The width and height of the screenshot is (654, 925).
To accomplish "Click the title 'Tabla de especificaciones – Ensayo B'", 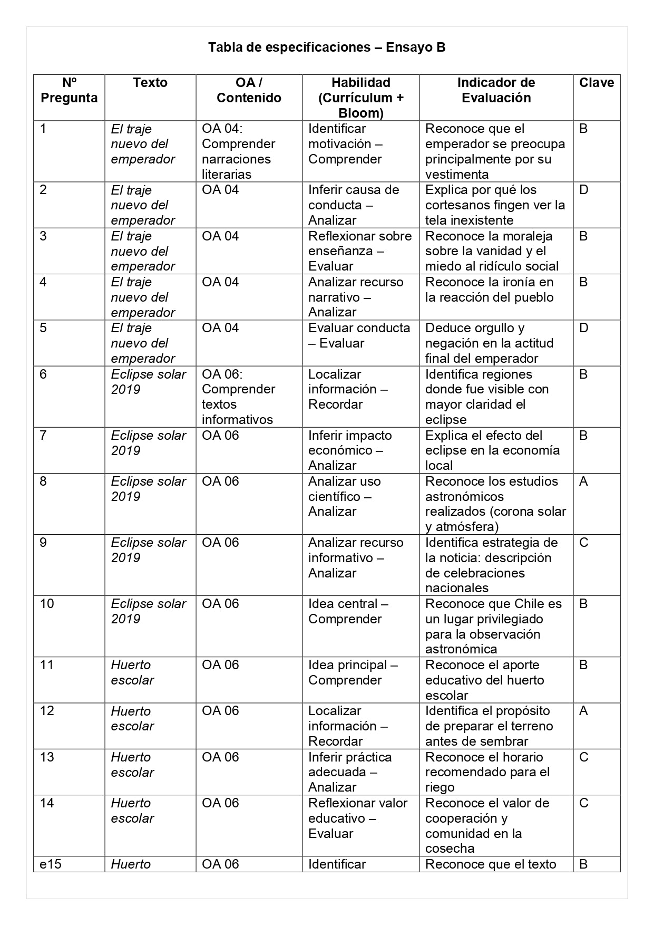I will tap(327, 47).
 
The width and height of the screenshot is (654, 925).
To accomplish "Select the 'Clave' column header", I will tap(596, 83).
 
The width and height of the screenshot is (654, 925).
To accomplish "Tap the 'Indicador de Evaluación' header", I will tap(496, 90).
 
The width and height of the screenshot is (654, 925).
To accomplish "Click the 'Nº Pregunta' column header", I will tap(69, 90).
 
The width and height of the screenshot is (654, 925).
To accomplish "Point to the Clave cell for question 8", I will tap(583, 481).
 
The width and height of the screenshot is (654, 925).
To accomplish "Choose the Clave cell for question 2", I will tap(583, 190).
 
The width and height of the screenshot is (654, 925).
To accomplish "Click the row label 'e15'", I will tap(51, 864).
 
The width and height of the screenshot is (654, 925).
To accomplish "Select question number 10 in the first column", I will tap(47, 604).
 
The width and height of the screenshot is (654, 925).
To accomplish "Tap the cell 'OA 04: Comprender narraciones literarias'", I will tap(238, 151).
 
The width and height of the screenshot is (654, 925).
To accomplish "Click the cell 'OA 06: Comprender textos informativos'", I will tap(238, 397).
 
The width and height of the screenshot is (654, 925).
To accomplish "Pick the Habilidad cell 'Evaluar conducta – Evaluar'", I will tap(359, 335).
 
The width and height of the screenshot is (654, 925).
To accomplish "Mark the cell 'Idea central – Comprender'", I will tap(348, 611).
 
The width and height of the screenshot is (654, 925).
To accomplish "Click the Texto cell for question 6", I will tap(148, 382).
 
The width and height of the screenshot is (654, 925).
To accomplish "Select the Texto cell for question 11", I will tap(132, 672).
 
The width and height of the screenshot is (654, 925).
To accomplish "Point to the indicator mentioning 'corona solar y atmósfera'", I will tap(495, 504).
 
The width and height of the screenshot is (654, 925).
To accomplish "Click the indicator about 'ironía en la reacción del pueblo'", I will tap(489, 290).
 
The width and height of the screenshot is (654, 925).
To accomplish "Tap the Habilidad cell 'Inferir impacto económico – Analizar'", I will tap(350, 450).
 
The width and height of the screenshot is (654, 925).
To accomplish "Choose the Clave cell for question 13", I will tap(583, 757).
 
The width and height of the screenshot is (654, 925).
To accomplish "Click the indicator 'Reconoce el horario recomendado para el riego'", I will tap(487, 772).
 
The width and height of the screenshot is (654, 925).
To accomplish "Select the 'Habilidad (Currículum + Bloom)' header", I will tap(360, 98).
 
